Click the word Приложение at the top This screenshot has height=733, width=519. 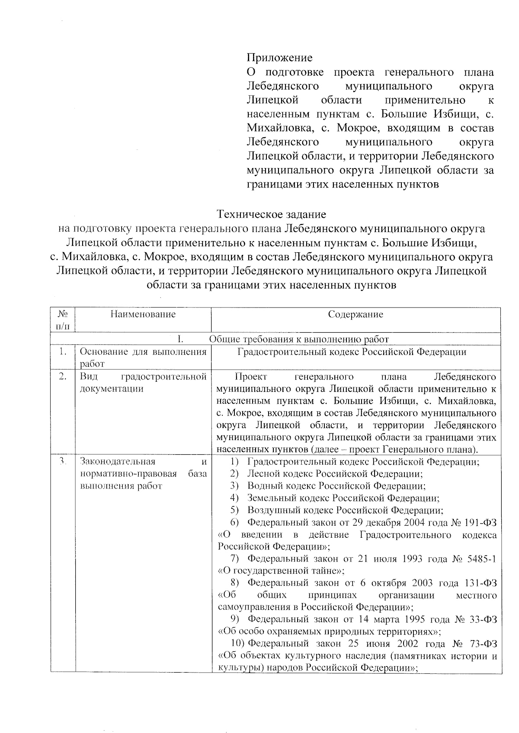(279, 57)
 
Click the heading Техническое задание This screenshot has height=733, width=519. (271, 214)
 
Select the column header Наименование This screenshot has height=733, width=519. (143, 314)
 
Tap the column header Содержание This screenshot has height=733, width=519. (355, 314)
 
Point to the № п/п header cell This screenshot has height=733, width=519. (63, 319)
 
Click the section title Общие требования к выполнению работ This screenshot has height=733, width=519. (299, 339)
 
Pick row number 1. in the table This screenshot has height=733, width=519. (63, 352)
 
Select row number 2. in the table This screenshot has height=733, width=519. (63, 377)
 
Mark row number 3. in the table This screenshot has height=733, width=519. (63, 461)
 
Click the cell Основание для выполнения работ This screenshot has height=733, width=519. (143, 357)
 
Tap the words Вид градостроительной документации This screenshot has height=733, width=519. (143, 382)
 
